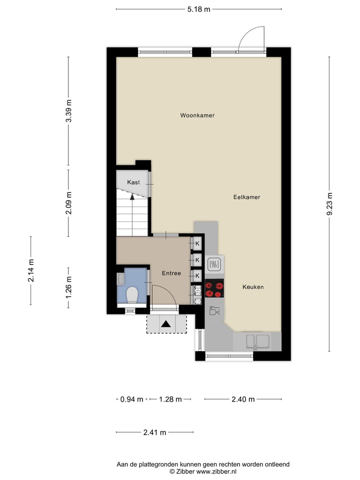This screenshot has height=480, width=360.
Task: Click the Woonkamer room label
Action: point(197,115)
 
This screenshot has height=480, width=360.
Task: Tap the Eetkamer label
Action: point(246,197)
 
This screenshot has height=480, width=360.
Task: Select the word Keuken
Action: point(252,287)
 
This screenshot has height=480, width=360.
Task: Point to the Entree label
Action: point(171,273)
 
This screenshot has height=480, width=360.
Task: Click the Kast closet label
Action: point(133,182)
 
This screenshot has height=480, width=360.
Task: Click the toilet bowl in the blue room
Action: point(132,294)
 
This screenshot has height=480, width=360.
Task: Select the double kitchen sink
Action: point(256,342)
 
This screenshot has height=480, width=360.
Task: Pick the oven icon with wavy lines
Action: point(214,264)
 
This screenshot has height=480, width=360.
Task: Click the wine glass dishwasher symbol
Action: point(214,311)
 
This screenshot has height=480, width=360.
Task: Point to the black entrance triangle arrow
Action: point(166,324)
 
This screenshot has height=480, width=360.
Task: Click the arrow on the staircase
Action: point(132,196)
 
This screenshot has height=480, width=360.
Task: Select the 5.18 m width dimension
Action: point(198,9)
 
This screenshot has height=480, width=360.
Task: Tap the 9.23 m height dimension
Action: point(329,204)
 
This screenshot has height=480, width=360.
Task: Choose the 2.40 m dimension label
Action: point(243,399)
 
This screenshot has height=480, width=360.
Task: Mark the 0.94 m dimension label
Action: point(132,399)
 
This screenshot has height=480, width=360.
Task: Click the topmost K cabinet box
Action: point(197,243)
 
